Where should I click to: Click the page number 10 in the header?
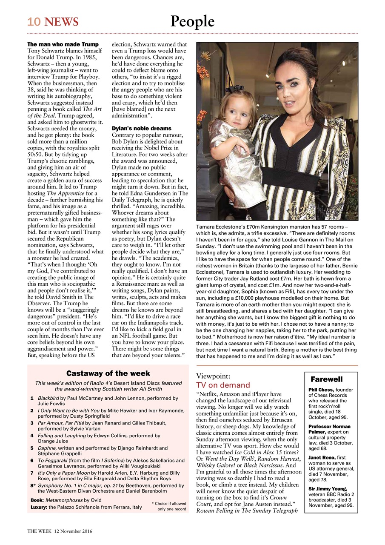(34, 22)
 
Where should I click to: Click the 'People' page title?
(192, 20)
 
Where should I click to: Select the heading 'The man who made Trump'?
(63, 44)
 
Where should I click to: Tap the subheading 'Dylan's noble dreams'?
(141, 128)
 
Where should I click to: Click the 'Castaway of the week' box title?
(108, 373)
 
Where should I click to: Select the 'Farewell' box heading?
(326, 379)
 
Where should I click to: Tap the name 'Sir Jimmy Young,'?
(328, 488)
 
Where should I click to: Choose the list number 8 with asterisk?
(33, 485)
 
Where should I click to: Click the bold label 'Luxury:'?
(38, 508)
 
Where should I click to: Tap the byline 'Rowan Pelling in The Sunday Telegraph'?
(247, 511)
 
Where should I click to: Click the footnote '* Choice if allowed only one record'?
(169, 506)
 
